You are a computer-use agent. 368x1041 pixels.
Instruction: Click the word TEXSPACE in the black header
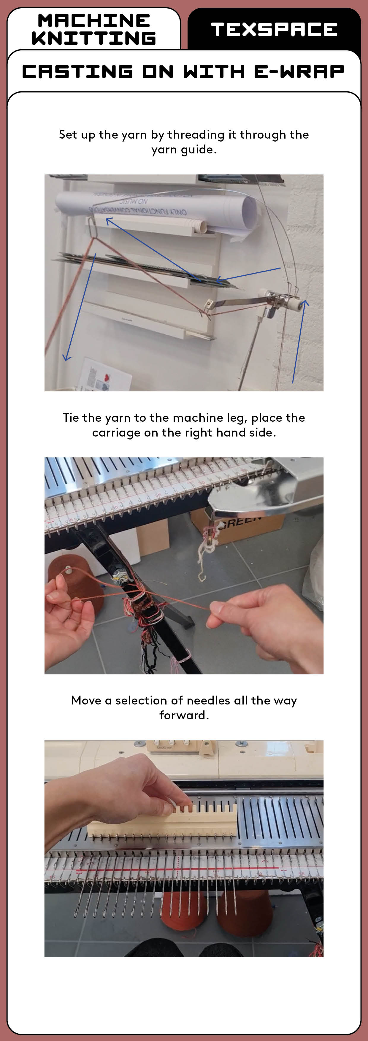click(274, 29)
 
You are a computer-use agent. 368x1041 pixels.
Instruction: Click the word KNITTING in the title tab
click(94, 38)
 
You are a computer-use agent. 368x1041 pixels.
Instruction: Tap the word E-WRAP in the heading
click(299, 72)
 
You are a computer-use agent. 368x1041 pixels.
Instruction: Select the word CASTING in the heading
click(77, 72)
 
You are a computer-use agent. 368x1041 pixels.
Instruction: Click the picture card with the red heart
click(106, 376)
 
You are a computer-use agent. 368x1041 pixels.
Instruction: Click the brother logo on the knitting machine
click(164, 748)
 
